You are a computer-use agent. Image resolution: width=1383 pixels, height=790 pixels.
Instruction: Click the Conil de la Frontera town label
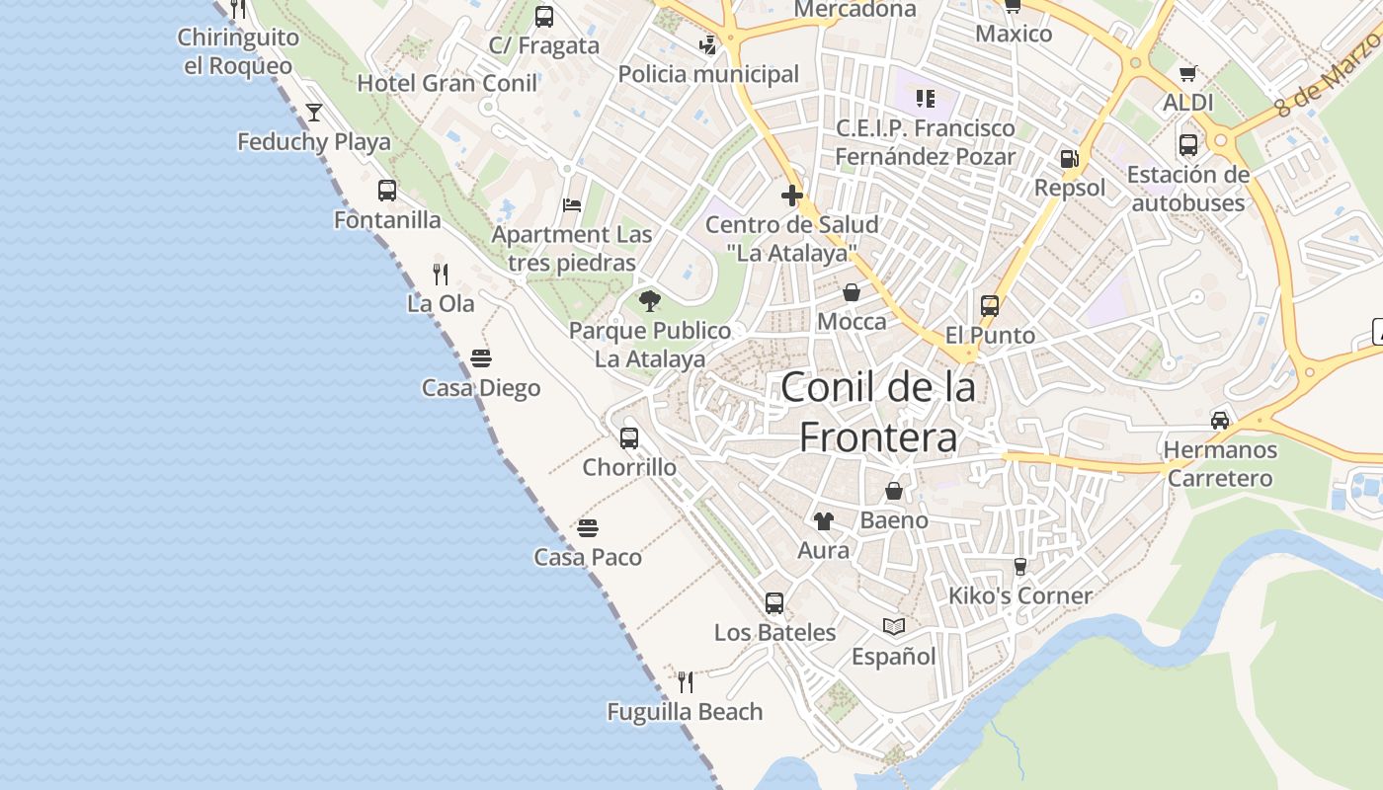[877, 412]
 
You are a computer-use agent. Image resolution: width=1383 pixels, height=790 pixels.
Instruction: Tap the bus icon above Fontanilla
[387, 191]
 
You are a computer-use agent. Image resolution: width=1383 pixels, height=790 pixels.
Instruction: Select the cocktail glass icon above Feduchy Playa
[314, 113]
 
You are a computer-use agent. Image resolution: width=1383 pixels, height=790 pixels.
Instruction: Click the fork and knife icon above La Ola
[441, 274]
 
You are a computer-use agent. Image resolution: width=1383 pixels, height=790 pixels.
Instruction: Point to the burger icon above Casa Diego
[481, 358]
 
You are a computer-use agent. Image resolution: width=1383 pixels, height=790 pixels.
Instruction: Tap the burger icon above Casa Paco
[588, 528]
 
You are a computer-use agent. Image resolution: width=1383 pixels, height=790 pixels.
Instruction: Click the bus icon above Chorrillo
[629, 437]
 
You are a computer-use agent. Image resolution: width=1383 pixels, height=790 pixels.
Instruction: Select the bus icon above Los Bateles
[774, 602]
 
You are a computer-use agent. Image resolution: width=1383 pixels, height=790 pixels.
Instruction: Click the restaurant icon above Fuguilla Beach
[685, 681]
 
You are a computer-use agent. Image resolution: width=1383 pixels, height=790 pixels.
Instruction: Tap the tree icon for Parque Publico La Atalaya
[649, 301]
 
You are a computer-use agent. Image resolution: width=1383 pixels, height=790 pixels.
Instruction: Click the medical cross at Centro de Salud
[791, 196]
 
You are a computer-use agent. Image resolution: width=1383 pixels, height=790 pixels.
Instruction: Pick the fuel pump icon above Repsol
[1069, 158]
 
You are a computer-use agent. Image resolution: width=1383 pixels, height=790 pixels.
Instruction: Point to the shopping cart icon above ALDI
[1187, 73]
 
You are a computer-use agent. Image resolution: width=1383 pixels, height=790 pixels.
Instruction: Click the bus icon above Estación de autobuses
[1188, 145]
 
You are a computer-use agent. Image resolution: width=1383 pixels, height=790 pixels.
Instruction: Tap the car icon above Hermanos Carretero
[1220, 420]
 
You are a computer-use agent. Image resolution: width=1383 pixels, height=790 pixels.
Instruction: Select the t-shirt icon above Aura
[823, 520]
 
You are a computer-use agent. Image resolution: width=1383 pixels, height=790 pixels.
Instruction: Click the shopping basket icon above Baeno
[894, 491]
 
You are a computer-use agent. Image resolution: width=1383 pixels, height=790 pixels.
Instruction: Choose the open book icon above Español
[894, 626]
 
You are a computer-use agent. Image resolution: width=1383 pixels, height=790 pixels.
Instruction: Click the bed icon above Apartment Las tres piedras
[572, 205]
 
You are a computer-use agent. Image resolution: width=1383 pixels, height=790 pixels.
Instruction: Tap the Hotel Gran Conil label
[447, 83]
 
